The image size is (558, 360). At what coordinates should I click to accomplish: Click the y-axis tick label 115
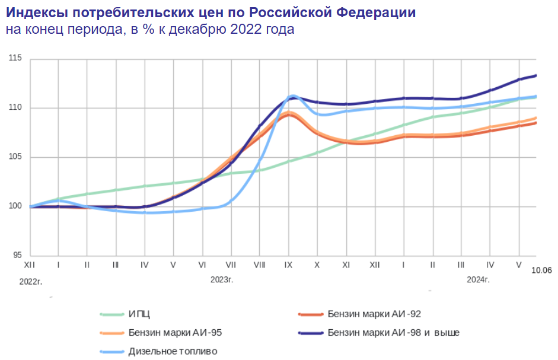pos(15,59)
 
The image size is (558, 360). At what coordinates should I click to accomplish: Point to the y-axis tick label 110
pos(15,108)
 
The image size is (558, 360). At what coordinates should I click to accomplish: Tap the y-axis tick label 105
pos(15,157)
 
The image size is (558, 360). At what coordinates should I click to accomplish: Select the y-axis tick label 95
pos(17,256)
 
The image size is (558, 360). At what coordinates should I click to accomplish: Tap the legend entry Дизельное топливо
pos(173,351)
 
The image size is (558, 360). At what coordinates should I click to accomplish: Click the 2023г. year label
pos(222,279)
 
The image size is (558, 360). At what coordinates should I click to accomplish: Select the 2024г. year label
pos(478,279)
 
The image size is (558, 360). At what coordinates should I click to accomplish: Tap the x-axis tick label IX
pos(288,265)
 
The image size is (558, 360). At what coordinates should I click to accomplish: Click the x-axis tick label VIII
pos(259,265)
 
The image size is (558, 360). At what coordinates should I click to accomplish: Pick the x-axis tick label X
pos(317,265)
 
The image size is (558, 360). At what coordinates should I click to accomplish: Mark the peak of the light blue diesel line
pos(292,95)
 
